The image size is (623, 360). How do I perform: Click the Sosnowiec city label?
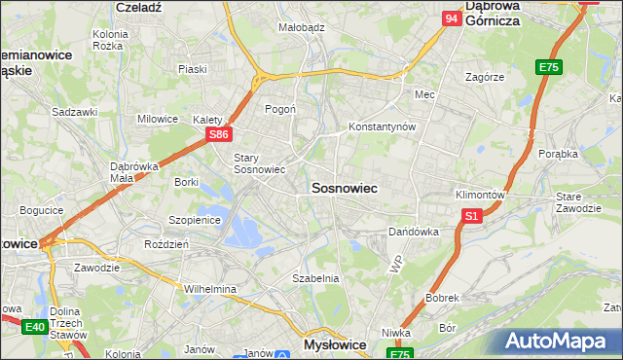(344, 186)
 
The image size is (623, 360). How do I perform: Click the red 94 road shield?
(451, 18)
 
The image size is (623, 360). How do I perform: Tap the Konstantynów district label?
(383, 127)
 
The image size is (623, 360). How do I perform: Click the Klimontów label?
(480, 195)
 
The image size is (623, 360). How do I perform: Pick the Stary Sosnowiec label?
(258, 163)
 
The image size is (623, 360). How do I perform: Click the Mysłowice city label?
(335, 344)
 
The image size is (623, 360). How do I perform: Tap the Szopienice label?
(196, 220)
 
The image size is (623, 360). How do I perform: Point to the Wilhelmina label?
(210, 289)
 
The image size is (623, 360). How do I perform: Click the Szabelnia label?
(315, 278)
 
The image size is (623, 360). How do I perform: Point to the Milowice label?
(158, 119)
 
